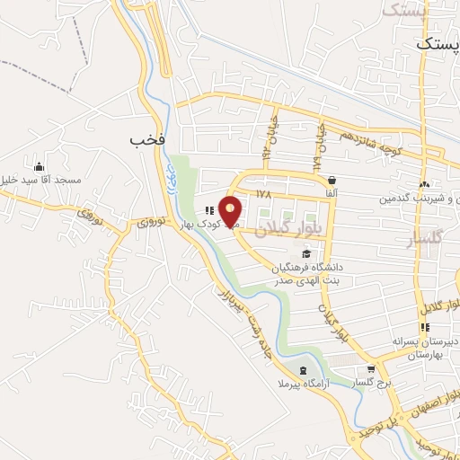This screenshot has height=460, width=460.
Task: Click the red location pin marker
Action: coord(232,211)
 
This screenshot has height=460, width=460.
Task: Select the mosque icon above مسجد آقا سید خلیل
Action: coord(38,167)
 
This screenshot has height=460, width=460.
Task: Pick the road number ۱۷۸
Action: coord(262,194)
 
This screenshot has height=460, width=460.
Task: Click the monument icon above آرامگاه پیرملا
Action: coord(302,370)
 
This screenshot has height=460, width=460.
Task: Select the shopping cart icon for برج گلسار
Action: coord(370,369)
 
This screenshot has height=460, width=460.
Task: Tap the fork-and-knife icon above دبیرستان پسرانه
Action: coord(424,328)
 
